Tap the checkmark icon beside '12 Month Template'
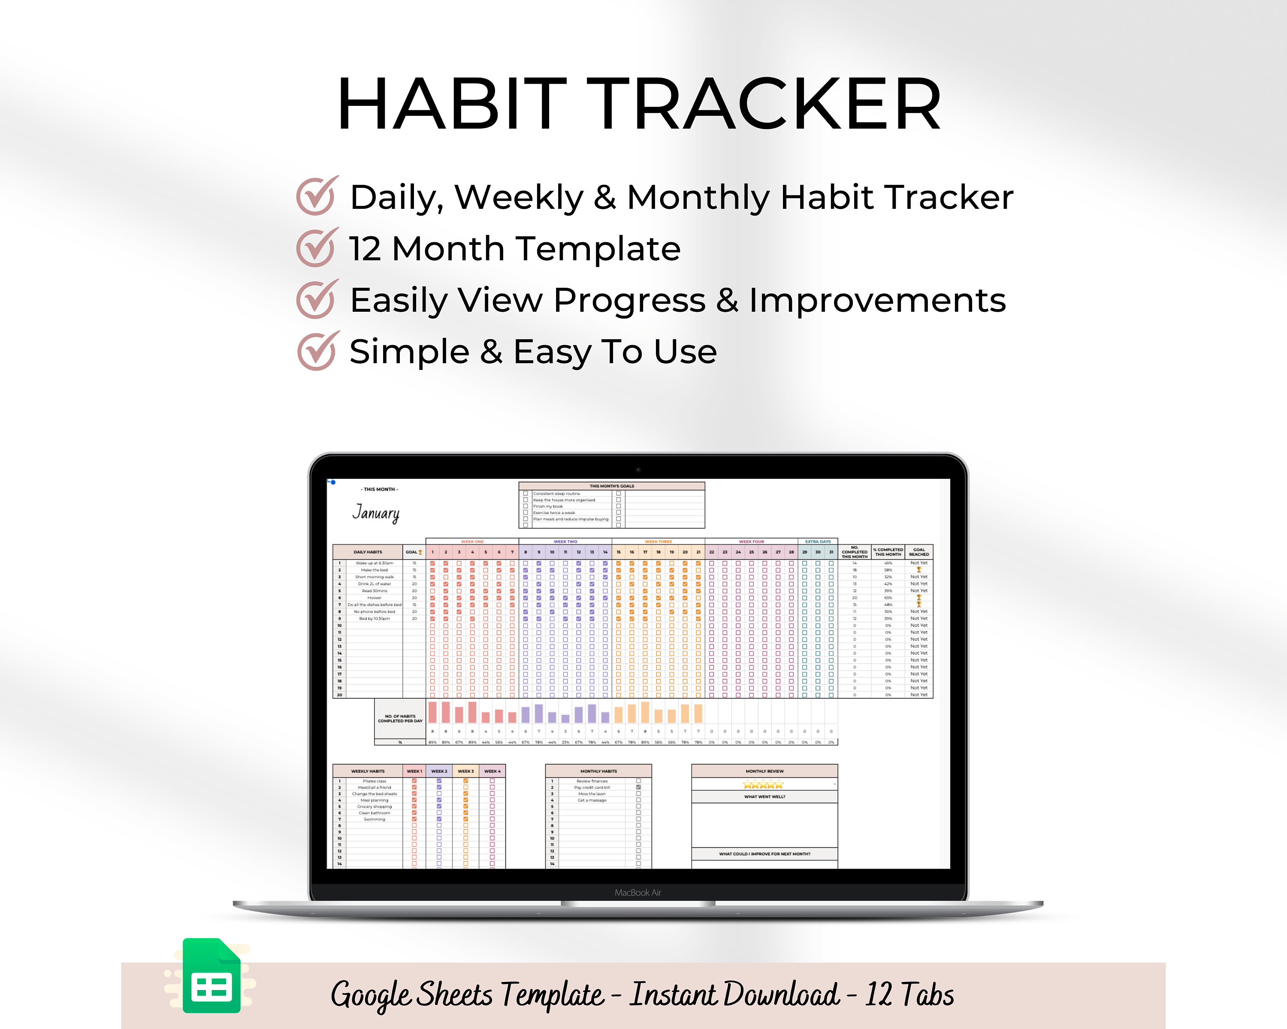click(x=316, y=248)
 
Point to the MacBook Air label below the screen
click(x=637, y=892)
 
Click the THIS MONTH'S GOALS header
click(x=611, y=486)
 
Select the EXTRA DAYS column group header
click(x=817, y=542)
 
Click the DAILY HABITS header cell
click(x=368, y=552)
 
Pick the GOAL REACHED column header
click(x=918, y=552)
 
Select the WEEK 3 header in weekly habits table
click(x=465, y=771)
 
